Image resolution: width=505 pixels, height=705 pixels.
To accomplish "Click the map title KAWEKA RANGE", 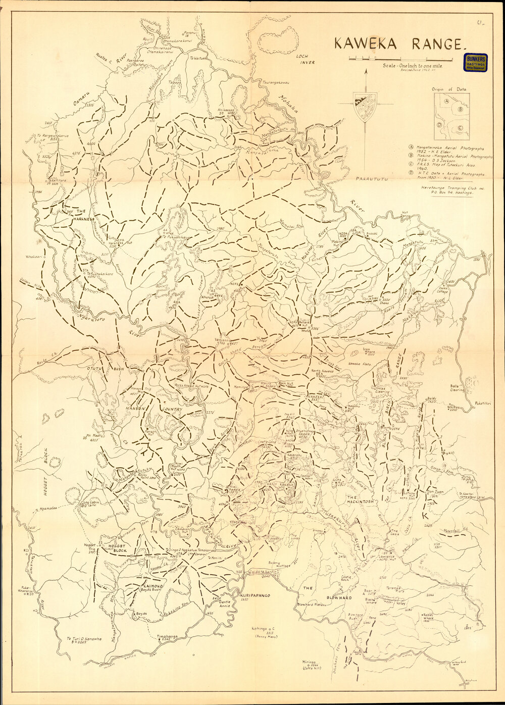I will [397, 44].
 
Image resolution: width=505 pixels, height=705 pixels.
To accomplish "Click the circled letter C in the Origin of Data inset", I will [460, 128].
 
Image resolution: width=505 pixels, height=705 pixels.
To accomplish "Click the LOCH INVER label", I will [305, 60].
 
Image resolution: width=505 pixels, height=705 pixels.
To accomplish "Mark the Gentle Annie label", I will [224, 605].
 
